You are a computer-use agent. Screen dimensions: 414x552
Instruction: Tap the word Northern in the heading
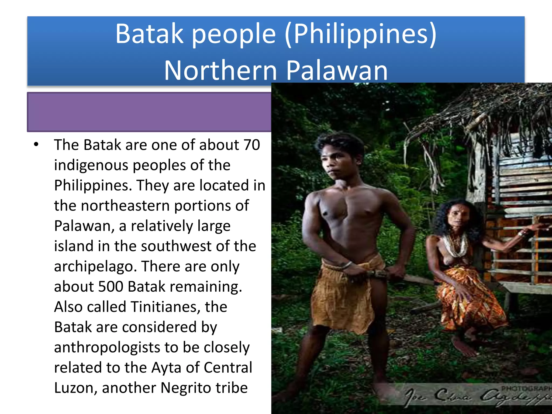click(x=220, y=71)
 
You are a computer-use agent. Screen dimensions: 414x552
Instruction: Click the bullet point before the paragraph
click(x=36, y=144)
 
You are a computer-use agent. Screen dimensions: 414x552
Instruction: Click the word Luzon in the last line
click(x=73, y=388)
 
